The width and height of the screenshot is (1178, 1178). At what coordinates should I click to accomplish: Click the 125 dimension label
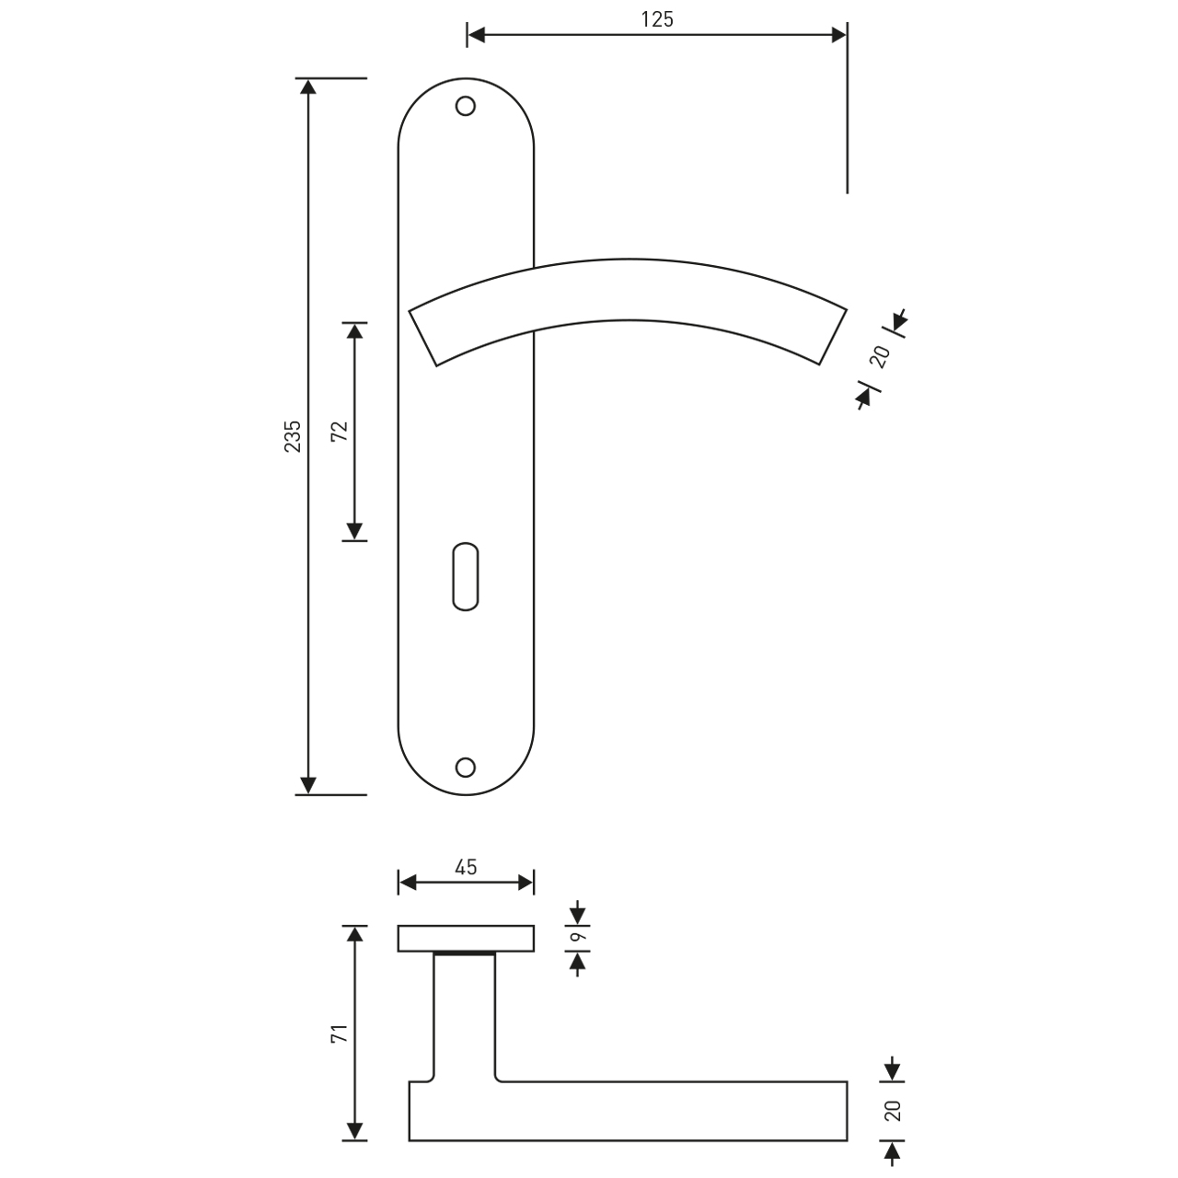(657, 19)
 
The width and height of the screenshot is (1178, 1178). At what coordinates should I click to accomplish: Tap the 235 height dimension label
(293, 436)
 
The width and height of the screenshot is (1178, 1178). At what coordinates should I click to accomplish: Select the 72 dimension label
(340, 431)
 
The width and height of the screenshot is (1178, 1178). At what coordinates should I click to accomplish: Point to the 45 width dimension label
(466, 867)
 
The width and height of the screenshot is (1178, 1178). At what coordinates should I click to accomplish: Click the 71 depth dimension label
(340, 1034)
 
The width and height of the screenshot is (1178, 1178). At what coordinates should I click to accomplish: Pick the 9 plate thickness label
(578, 937)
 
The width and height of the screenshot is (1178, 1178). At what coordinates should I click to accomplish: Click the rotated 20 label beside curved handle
(881, 357)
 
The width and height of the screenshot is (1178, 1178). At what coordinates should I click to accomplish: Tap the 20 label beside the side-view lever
(893, 1110)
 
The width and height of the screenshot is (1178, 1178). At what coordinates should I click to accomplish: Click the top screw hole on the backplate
(465, 107)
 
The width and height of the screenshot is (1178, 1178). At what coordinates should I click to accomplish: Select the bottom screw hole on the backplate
(465, 768)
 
